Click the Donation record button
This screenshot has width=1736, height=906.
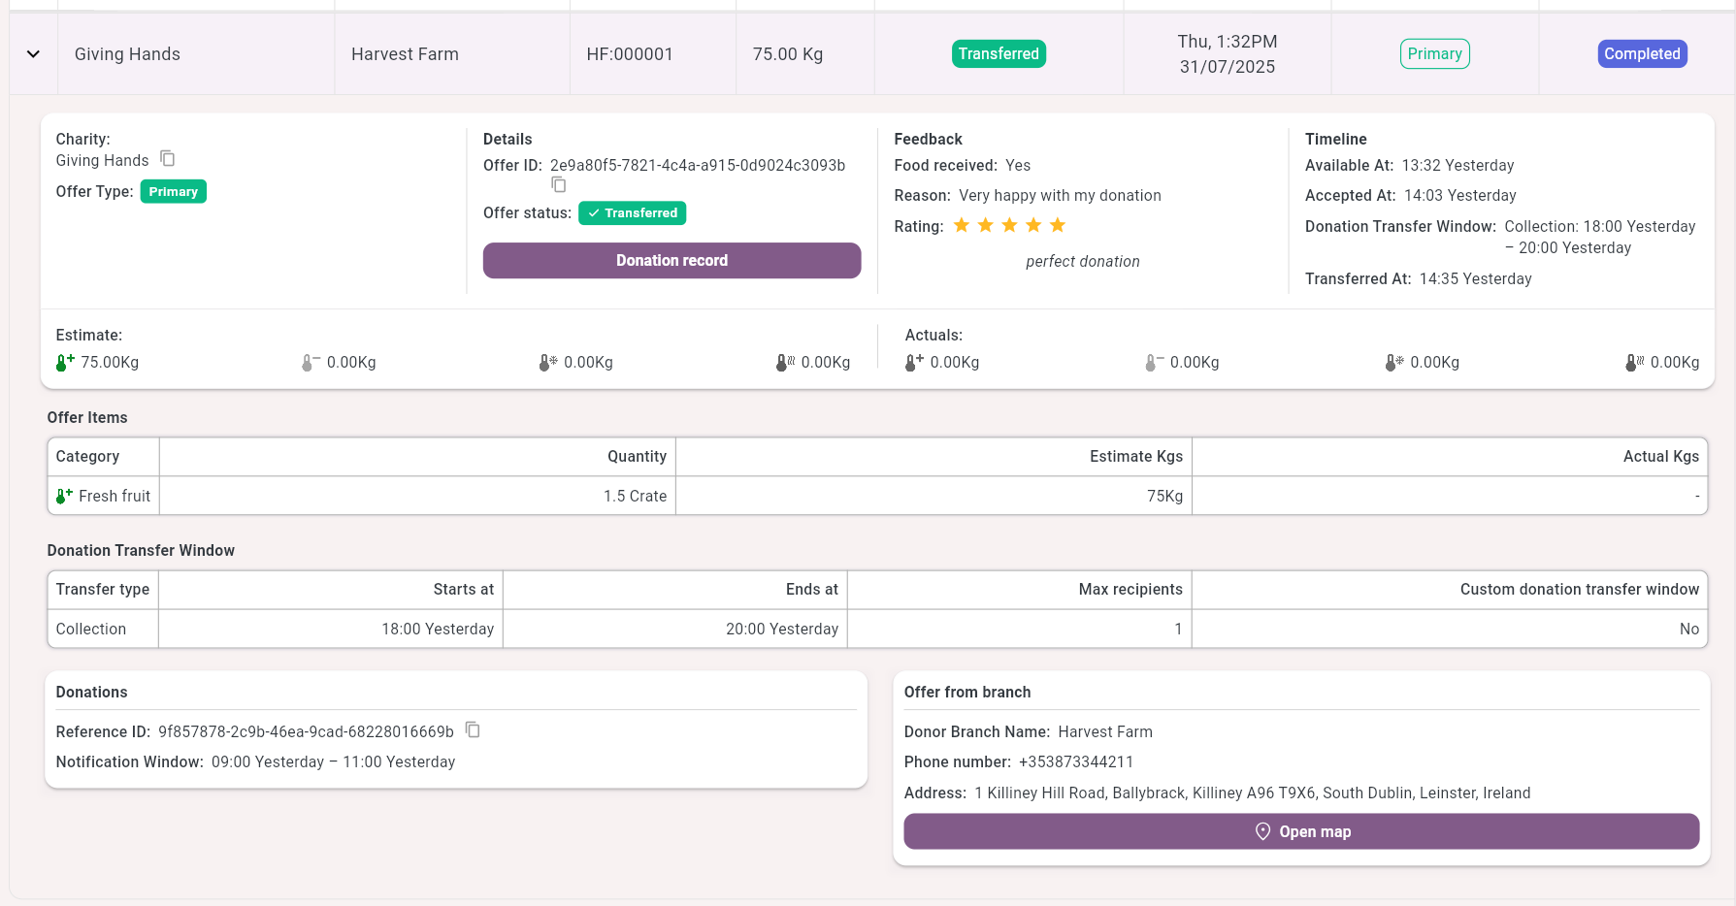click(671, 260)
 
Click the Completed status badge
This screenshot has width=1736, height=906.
click(1642, 54)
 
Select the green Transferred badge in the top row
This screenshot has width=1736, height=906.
click(999, 54)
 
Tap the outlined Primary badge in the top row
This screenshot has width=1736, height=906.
click(1434, 54)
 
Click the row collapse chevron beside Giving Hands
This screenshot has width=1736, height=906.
click(33, 54)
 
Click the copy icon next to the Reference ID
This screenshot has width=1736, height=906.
click(473, 729)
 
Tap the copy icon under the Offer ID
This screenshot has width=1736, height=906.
click(559, 184)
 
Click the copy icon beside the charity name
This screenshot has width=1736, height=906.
click(168, 158)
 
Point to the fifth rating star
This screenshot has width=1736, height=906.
click(1058, 226)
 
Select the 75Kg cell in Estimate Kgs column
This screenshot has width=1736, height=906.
click(1163, 496)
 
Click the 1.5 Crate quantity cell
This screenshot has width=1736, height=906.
click(635, 496)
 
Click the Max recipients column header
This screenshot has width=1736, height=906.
click(1130, 589)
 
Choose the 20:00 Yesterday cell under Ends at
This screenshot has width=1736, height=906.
click(781, 629)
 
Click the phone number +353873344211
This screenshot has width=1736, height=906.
click(1075, 762)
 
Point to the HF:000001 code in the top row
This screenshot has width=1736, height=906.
click(630, 54)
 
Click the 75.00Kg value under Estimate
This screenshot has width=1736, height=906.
click(109, 362)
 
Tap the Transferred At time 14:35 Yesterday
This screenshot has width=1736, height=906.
click(1475, 279)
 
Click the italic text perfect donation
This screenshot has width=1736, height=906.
click(1082, 262)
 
